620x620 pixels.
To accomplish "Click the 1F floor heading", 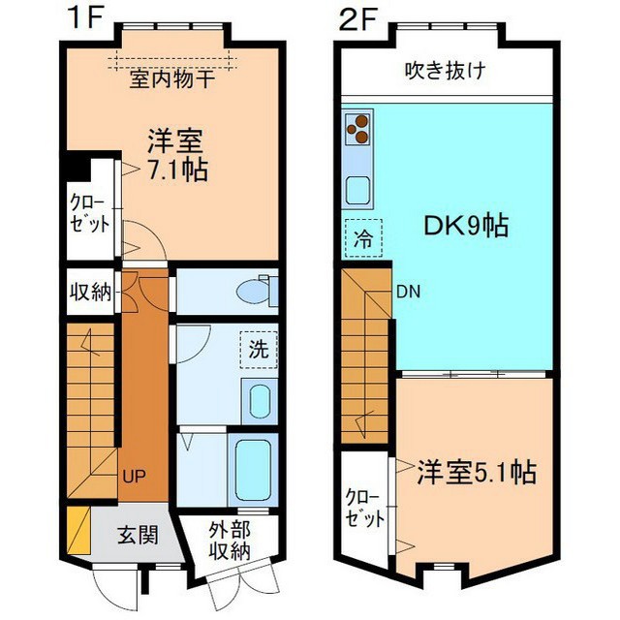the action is point(85,17).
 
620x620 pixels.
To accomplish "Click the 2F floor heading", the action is point(356,19).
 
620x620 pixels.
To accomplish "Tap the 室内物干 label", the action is point(172,78).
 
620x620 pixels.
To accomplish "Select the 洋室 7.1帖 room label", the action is point(176,155).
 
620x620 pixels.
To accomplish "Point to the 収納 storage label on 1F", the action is point(90,293).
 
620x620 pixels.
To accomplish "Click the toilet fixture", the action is point(257,292).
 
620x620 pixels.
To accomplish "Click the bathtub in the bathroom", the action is point(253,471).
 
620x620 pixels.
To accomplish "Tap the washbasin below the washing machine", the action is point(260,401).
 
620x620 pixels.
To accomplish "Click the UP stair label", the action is point(134,476).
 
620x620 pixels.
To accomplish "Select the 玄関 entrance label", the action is point(138,535).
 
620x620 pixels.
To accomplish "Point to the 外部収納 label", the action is point(230,541).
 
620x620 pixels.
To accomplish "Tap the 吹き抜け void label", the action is point(446,71).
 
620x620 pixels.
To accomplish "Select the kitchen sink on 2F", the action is point(357,190).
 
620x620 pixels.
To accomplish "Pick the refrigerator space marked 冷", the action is point(363,238).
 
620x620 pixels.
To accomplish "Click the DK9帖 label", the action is point(466,226).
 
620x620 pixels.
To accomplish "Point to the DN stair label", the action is point(409,292).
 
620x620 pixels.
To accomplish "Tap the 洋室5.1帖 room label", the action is point(477,472).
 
